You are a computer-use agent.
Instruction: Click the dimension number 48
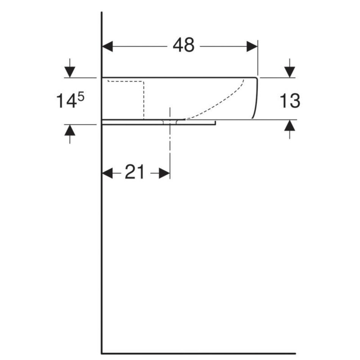183,45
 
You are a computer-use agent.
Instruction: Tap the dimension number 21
135,172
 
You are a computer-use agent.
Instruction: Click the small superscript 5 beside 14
81,97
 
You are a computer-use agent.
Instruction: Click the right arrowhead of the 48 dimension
252,47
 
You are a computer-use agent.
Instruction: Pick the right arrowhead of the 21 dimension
164,173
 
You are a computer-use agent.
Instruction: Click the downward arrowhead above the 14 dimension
70,72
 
